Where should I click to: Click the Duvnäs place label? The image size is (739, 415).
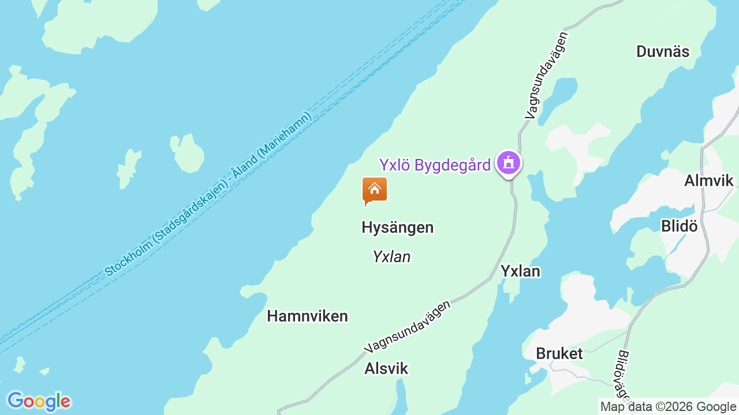point(662,51)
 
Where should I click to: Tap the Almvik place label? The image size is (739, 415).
point(708,180)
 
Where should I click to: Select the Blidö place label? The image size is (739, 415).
point(679,226)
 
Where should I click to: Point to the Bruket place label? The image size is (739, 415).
point(559,353)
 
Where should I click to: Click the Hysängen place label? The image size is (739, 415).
point(397,227)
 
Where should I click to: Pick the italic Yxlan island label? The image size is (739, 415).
point(391,256)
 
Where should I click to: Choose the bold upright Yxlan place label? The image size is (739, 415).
point(520,271)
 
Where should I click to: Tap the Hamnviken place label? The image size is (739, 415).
point(307,316)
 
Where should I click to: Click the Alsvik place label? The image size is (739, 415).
point(386,368)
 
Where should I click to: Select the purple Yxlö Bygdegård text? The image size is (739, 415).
point(435,165)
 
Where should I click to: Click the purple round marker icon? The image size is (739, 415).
point(508,163)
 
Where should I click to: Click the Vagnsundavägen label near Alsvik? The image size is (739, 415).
point(407,326)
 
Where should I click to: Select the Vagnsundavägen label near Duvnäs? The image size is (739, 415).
point(547,76)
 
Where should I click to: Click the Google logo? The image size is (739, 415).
point(38,401)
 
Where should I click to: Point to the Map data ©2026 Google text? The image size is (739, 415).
point(668,407)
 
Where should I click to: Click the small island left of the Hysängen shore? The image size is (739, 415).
point(188,153)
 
